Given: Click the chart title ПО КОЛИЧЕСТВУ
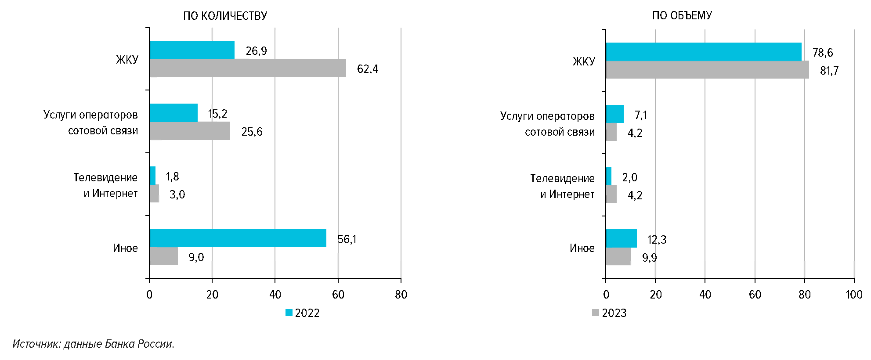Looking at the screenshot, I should tap(225, 16).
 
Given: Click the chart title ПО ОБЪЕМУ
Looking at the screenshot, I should tap(682, 15).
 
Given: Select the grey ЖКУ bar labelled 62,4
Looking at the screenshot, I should tap(247, 68).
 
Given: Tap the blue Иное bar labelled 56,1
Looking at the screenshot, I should tap(238, 238).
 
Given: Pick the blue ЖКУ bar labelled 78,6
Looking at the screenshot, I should tap(703, 51).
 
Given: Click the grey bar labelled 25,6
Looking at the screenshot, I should tap(189, 131).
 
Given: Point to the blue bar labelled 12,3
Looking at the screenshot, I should tap(621, 238).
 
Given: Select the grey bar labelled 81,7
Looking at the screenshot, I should tap(707, 70).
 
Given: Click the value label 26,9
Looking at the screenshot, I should tap(256, 51).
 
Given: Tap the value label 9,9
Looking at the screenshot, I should tap(649, 258).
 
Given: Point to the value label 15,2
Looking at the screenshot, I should tap(217, 114).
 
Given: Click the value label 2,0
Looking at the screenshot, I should tap(629, 177).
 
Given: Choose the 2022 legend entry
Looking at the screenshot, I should tap(303, 313).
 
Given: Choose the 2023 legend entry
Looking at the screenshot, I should tap(609, 313).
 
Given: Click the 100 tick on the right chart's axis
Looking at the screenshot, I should tap(854, 295).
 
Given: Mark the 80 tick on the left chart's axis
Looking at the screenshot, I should tap(401, 295).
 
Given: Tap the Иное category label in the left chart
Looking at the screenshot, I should tap(125, 248).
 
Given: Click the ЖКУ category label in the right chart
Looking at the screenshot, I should tap(584, 61).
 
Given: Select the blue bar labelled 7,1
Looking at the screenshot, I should tap(614, 114).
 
